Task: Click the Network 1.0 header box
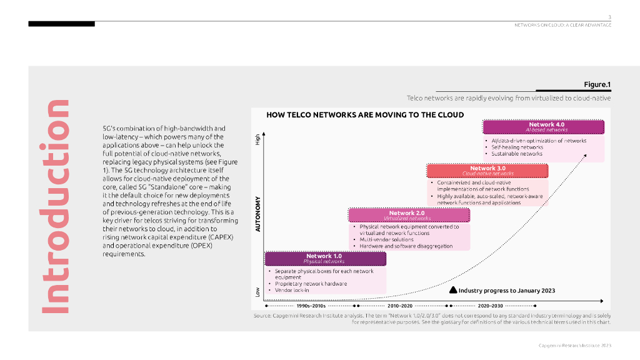(324, 258)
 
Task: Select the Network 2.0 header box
(409, 215)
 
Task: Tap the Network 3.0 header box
(487, 171)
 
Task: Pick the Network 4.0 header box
(543, 127)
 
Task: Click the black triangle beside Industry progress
(454, 290)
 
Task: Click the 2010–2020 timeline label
(400, 306)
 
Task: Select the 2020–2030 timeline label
(490, 306)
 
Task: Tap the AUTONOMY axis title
(257, 215)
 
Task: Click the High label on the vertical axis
(257, 141)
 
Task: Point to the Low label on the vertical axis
(257, 291)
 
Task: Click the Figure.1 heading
(597, 84)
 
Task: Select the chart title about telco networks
(365, 115)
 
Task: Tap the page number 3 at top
(609, 16)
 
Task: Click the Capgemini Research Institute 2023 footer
(575, 345)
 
